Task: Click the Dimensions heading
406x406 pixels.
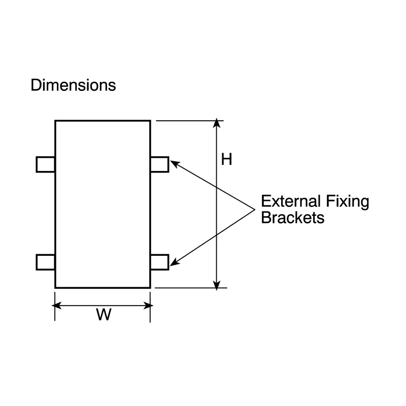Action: pos(73,85)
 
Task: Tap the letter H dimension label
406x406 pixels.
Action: pos(226,159)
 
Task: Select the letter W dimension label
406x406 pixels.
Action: pos(104,314)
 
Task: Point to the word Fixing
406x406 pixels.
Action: pos(347,202)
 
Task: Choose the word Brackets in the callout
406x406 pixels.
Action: pos(293,218)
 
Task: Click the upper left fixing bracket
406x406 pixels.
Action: pos(46,164)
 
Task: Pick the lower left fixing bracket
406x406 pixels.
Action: pos(46,262)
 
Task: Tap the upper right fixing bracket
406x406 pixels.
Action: pos(159,164)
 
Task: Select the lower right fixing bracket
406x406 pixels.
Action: pos(159,262)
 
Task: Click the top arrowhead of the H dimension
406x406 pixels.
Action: pos(217,123)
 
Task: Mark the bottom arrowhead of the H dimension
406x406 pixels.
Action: pos(217,285)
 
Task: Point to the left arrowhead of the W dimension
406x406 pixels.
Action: pos(56,306)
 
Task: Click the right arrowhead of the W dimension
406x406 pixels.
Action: pos(149,306)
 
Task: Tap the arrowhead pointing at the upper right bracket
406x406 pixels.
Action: pos(175,163)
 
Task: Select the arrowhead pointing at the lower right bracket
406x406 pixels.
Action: pos(174,262)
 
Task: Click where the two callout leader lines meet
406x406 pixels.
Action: pos(255,210)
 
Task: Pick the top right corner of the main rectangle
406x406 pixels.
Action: pos(150,121)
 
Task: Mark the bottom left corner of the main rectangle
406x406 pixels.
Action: pos(55,287)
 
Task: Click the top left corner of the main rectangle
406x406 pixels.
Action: pos(55,121)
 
